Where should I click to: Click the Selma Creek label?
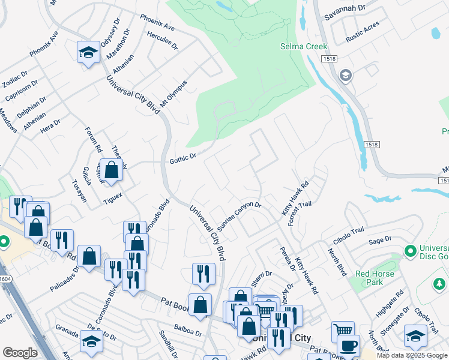click(x=304, y=46)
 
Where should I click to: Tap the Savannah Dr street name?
click(x=344, y=8)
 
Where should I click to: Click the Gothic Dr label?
click(x=183, y=158)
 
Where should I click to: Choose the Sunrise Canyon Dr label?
click(x=239, y=217)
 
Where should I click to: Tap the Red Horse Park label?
click(x=369, y=278)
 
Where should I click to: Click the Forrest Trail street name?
click(x=300, y=213)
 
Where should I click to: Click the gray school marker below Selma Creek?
click(x=345, y=76)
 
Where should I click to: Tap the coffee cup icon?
click(x=348, y=346)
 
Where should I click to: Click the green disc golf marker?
click(x=411, y=251)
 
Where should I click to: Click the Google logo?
click(x=20, y=352)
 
